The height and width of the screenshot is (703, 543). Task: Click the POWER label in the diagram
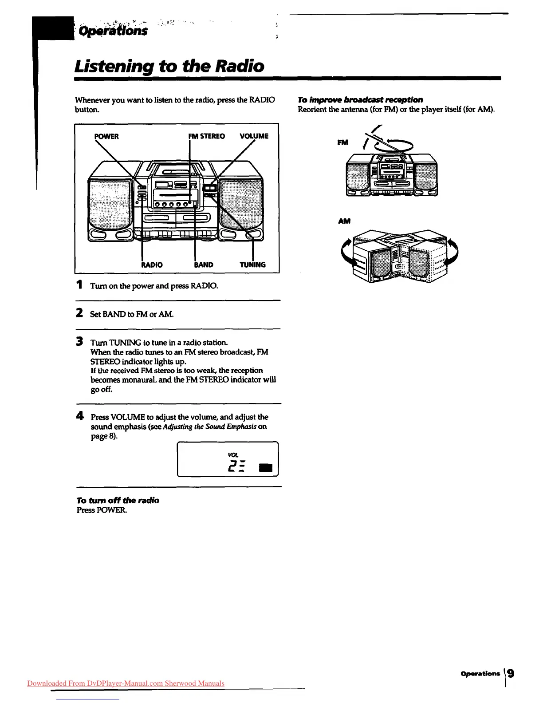(x=106, y=136)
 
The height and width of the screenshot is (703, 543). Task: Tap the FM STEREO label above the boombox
(x=206, y=136)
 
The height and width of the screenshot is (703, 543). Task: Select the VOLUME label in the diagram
(x=254, y=136)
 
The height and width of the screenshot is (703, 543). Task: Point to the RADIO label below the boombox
(x=152, y=265)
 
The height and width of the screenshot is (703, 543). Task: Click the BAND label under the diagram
(x=204, y=265)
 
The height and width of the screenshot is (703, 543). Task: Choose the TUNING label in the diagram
(x=252, y=265)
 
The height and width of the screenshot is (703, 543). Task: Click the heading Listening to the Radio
(x=169, y=66)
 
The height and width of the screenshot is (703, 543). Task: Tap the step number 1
(x=79, y=285)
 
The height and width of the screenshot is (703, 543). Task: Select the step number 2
(x=79, y=313)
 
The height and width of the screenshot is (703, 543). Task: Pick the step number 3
(x=79, y=342)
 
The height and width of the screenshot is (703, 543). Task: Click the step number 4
(x=80, y=416)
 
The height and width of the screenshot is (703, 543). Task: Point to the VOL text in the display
(x=233, y=455)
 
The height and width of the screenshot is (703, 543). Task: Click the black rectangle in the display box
(x=265, y=468)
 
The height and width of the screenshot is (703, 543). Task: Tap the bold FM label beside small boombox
(x=343, y=142)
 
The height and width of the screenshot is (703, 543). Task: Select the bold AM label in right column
(x=344, y=221)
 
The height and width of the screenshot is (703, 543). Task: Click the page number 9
(x=511, y=674)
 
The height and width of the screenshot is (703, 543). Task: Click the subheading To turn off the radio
(x=118, y=500)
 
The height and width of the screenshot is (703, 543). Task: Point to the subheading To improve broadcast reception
(x=360, y=99)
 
